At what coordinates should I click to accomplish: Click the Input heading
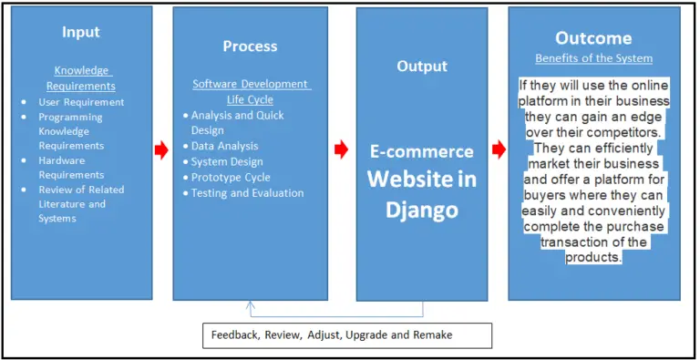[80, 32]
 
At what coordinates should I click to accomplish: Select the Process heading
[251, 46]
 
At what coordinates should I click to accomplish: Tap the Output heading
[422, 66]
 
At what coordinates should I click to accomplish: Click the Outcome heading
[593, 38]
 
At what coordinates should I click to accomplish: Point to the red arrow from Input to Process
[162, 148]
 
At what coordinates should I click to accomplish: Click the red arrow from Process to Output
[342, 148]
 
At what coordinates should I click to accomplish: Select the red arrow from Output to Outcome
[499, 148]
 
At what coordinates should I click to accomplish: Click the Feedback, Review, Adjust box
[345, 334]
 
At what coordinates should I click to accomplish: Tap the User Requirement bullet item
[82, 102]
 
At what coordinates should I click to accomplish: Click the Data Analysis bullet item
[224, 146]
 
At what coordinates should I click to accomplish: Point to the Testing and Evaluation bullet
[247, 192]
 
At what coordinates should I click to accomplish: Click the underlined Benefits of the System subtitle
[593, 58]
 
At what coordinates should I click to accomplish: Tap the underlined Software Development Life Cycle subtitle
[252, 91]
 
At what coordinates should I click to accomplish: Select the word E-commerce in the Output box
[422, 151]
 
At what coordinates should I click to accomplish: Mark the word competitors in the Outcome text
[625, 131]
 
